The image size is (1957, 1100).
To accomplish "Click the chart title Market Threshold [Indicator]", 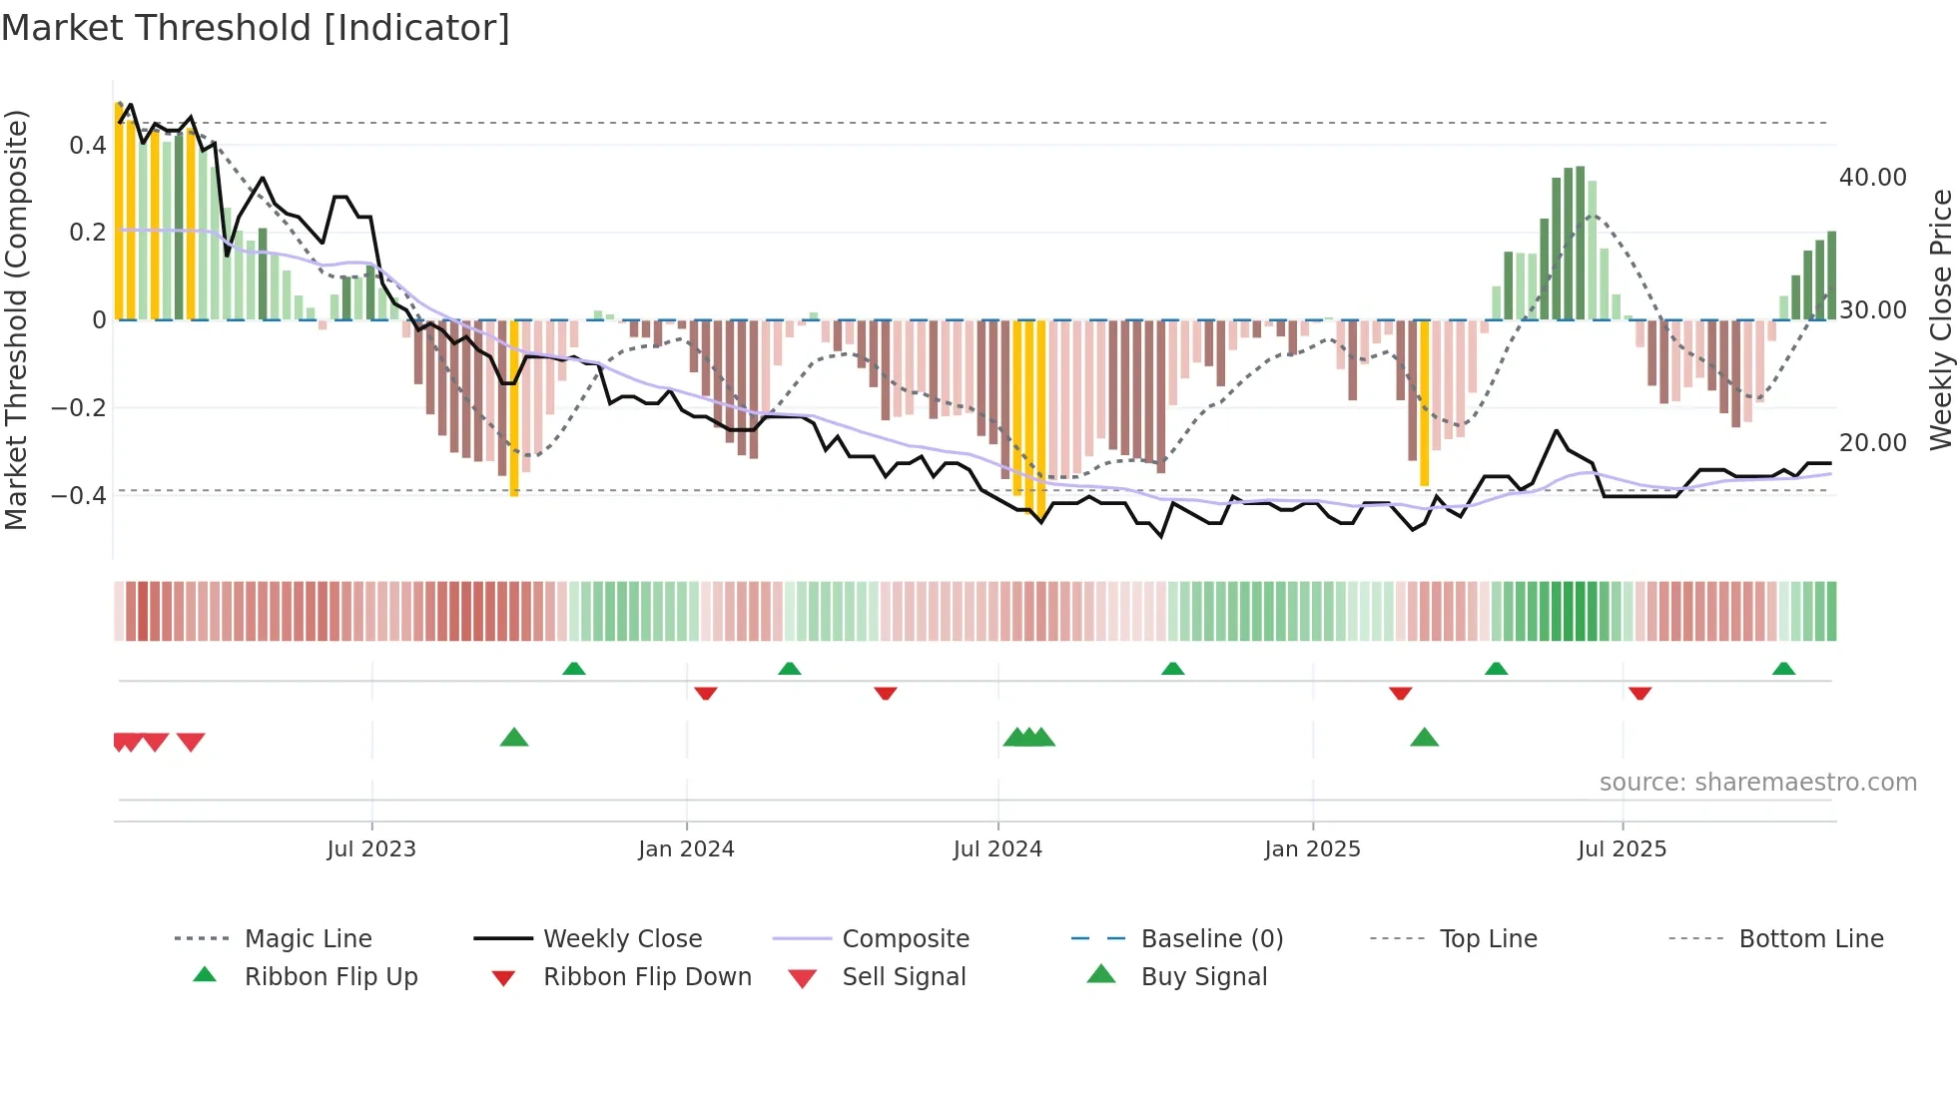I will (256, 28).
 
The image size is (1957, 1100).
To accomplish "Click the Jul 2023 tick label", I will (371, 849).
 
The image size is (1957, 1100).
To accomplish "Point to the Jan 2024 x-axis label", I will (686, 849).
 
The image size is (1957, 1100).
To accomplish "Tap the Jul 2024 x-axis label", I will (997, 849).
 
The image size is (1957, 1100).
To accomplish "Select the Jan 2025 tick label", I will (1312, 849).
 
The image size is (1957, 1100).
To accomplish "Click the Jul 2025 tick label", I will (1623, 849).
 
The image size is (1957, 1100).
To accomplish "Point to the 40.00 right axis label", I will (1872, 178).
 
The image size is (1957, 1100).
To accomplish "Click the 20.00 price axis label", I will (1872, 443).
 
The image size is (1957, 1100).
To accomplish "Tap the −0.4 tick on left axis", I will (79, 495).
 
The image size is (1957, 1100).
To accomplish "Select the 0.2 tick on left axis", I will (87, 233).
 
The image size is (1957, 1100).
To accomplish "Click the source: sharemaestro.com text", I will (1757, 783).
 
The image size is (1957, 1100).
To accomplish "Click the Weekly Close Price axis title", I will (1940, 319).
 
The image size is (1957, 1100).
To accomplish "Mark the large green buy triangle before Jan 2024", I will (513, 738).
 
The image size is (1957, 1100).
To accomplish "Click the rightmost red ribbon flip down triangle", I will (1639, 693).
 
